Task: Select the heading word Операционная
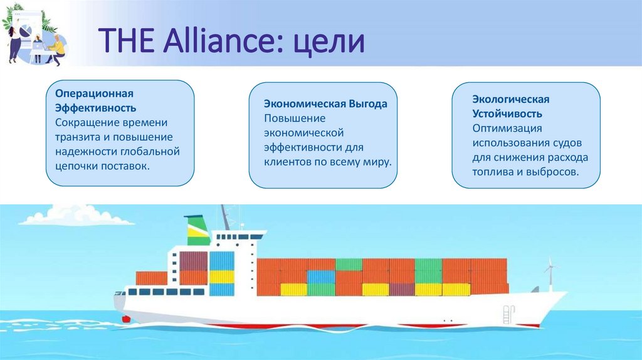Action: [x=95, y=93]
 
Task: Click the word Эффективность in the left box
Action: [x=95, y=108]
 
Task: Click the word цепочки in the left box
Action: [x=76, y=166]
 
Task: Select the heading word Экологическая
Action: [x=511, y=100]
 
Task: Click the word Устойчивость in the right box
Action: [x=507, y=114]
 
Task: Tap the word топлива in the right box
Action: [x=493, y=171]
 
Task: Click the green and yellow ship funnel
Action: [x=197, y=230]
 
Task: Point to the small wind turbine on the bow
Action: [x=550, y=271]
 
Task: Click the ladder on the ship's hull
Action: [x=507, y=312]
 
